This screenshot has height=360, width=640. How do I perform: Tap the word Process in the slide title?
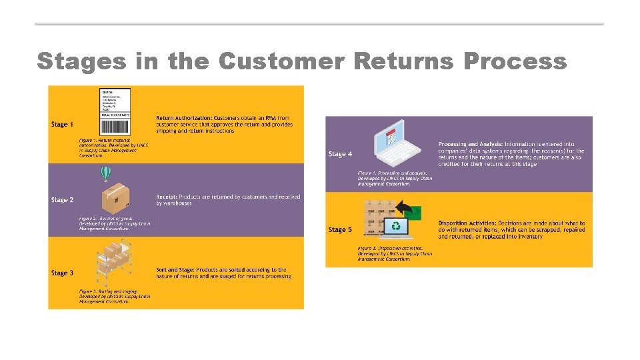point(515,61)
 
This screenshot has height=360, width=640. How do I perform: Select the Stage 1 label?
point(62,125)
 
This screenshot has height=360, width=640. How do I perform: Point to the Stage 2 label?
point(62,200)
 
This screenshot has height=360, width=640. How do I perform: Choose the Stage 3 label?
point(62,273)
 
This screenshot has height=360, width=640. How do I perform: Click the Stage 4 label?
point(339,154)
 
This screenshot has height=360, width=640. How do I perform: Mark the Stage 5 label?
point(339,230)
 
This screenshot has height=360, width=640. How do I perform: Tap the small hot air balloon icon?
point(105,174)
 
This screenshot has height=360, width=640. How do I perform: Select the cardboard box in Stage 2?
point(115,197)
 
